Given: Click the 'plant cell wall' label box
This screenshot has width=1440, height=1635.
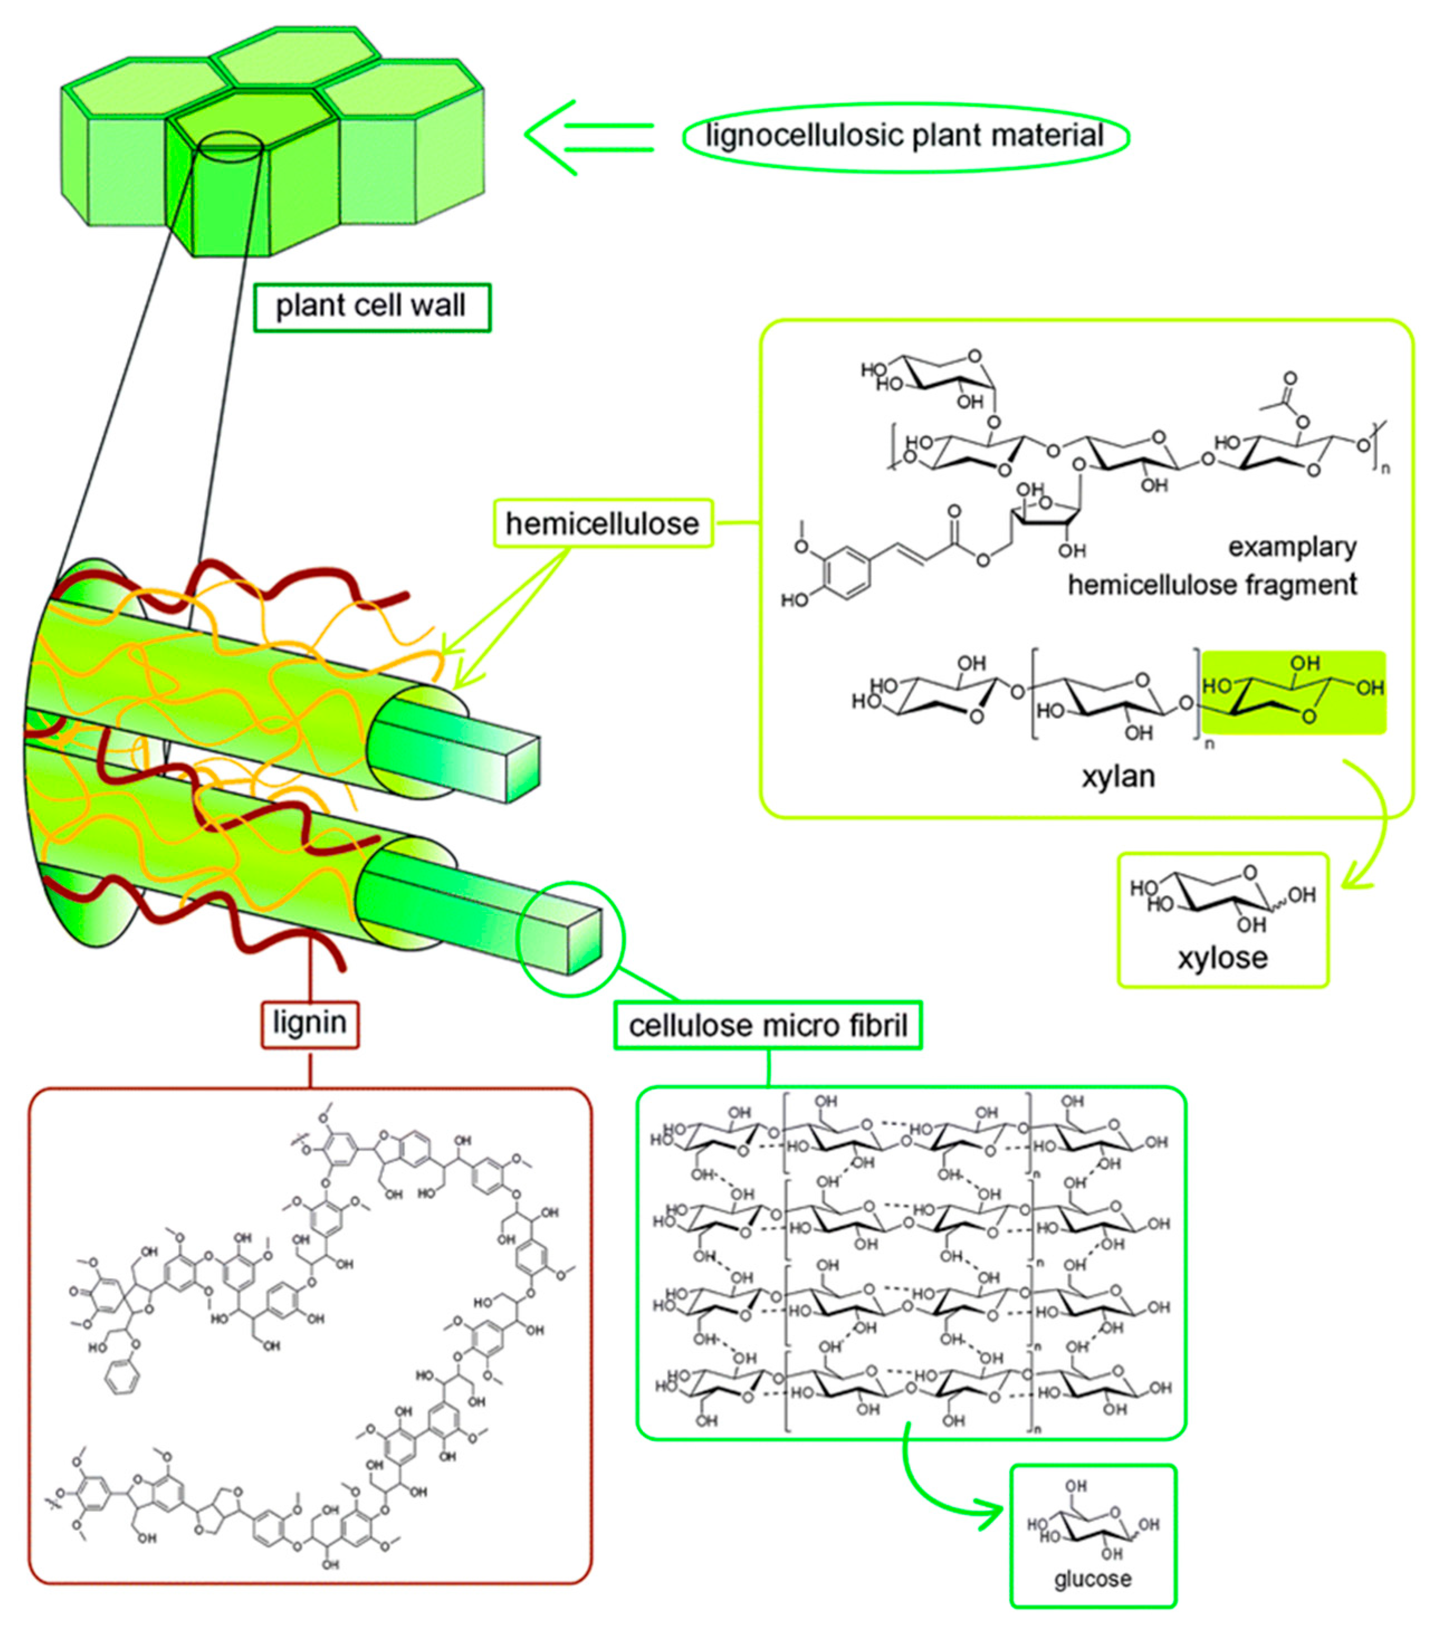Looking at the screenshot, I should coord(371,307).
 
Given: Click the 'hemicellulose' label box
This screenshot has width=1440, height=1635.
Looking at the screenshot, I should coord(602,524).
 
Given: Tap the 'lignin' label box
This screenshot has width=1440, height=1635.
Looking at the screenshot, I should coord(309,1023).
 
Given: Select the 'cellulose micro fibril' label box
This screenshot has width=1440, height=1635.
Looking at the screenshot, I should coord(767,1025).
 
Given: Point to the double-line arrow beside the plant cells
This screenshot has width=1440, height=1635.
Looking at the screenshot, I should coord(590,137).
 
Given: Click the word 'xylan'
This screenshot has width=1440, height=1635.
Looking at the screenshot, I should coord(1118,776).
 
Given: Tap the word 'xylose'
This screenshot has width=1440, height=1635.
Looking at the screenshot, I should coord(1222,958).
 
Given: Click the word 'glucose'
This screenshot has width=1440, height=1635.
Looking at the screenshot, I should coord(1092,1579).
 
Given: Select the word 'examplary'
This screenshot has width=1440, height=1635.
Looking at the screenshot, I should coord(1292,547).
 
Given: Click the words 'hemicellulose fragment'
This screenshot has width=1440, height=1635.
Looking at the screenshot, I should coord(1212,585).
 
